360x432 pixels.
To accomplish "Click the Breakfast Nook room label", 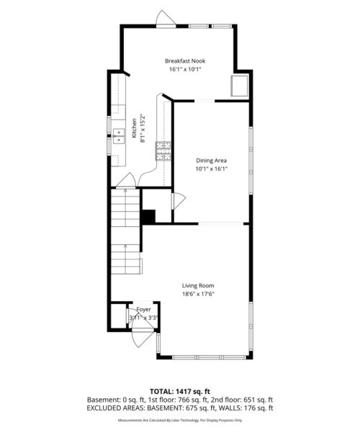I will [x=186, y=60].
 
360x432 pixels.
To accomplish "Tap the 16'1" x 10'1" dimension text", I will [x=186, y=70].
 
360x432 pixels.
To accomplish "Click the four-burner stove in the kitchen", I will [x=166, y=150].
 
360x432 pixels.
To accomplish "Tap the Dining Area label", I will [x=212, y=161].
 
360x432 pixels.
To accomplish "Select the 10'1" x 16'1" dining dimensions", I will [x=212, y=170].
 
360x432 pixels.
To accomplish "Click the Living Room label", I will [x=198, y=285].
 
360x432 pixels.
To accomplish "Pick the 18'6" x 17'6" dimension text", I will [x=198, y=294].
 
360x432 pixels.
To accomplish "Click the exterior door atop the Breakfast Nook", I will [x=165, y=19].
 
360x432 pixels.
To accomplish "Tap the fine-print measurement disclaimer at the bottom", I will [x=180, y=420].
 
